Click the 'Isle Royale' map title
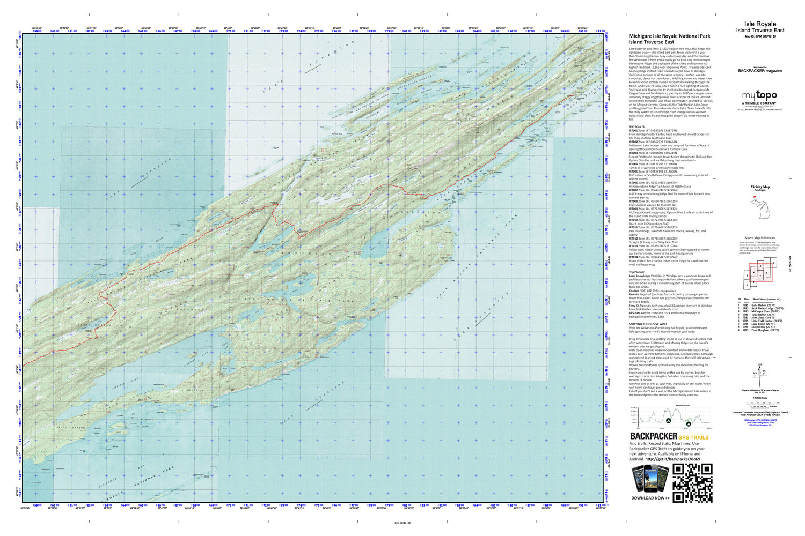[x=760, y=24]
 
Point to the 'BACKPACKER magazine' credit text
[x=760, y=71]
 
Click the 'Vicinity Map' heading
[x=760, y=187]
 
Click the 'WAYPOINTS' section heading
[x=638, y=127]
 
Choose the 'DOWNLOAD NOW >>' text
[x=650, y=498]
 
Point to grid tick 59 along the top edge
[x=36, y=31]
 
